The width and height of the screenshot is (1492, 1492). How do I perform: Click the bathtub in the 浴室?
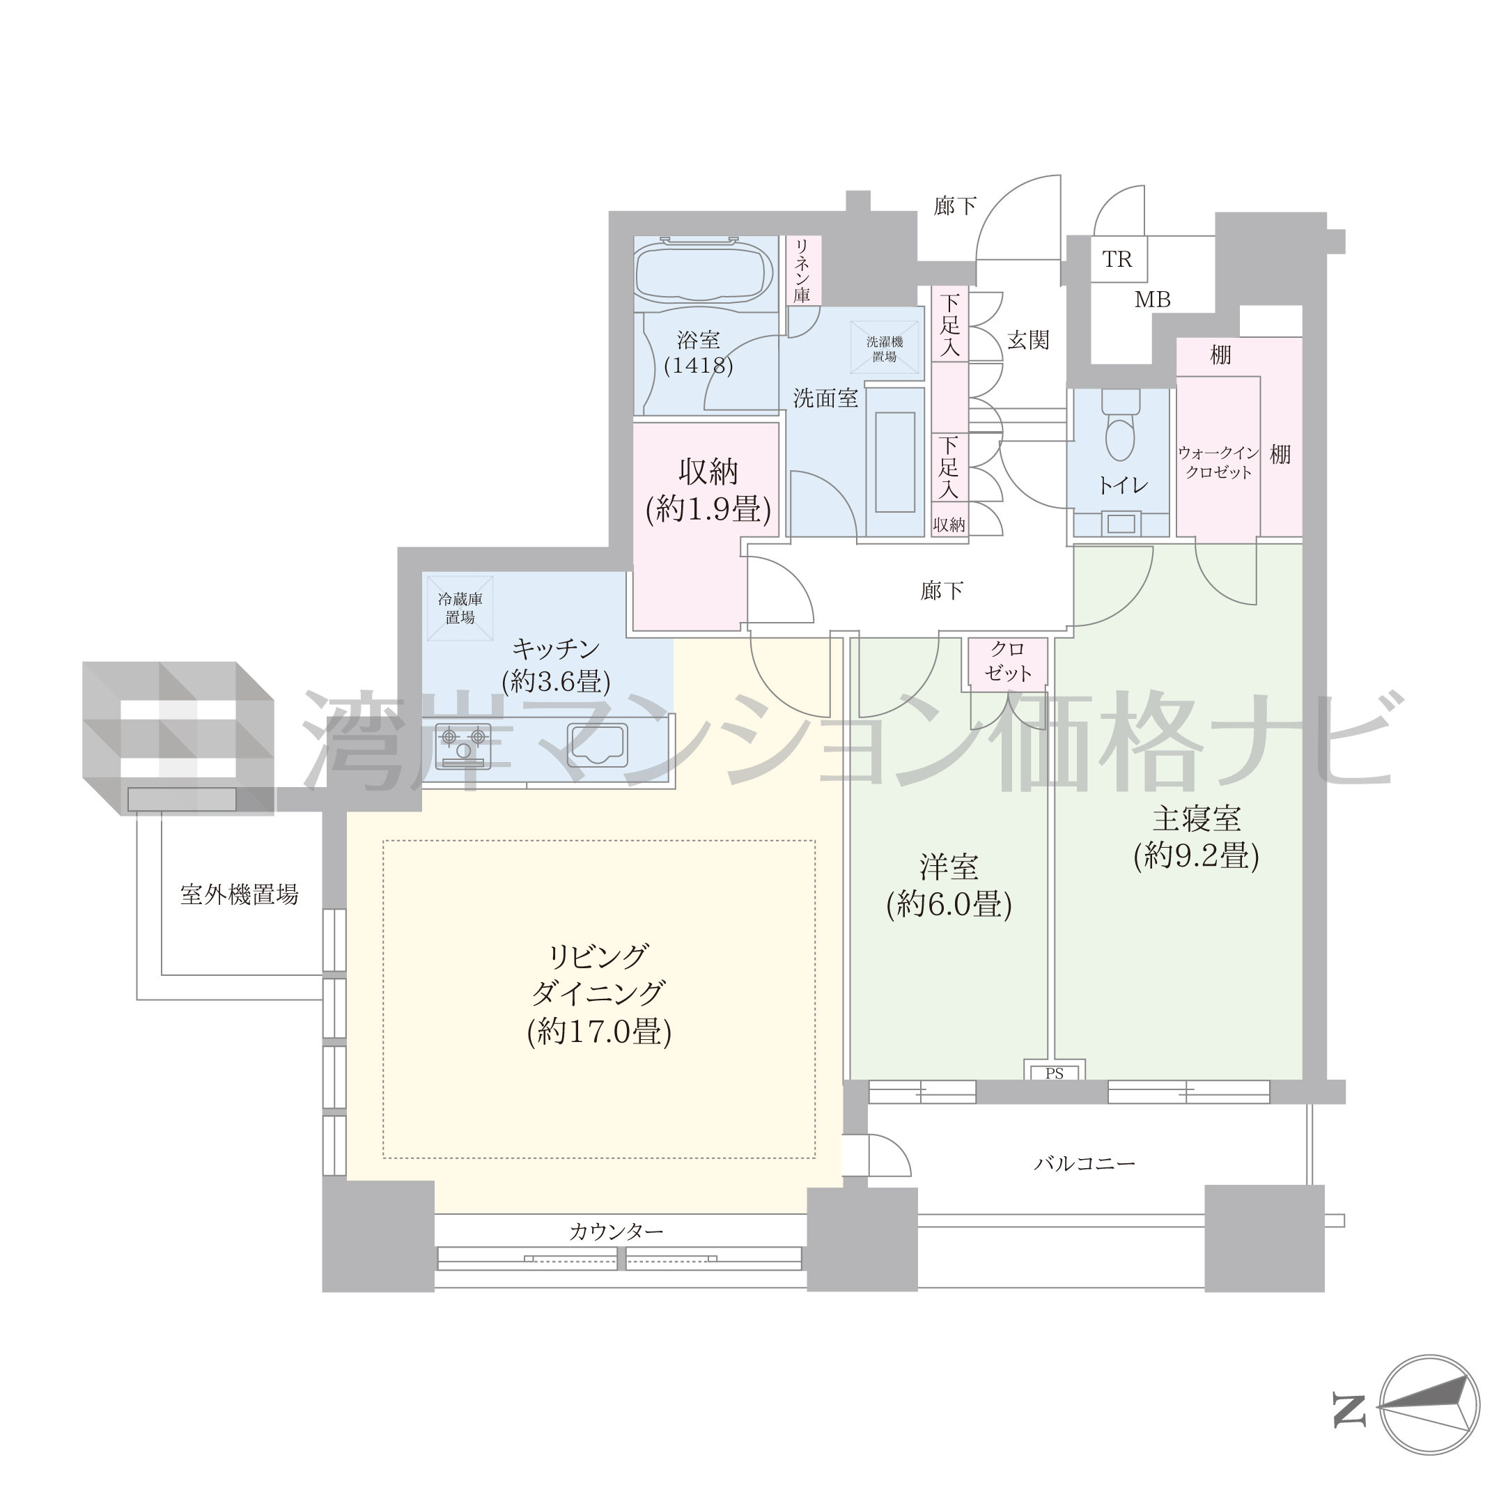704,272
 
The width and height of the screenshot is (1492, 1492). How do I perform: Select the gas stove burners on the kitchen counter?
463,746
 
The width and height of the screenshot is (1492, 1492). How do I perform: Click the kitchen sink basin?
598,745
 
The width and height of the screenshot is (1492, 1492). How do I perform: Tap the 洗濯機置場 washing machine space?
885,349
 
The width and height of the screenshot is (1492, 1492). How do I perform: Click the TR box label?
1117,260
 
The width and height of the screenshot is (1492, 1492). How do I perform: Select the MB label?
1152,300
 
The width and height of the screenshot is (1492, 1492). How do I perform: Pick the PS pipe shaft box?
1055,1070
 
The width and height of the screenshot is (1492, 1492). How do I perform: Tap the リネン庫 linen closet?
803,270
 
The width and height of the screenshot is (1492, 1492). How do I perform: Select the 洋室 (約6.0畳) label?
949,886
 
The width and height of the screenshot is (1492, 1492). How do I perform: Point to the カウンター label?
616,1231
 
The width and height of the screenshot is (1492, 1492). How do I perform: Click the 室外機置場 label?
240,894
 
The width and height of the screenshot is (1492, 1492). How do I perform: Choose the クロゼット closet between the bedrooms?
1009,662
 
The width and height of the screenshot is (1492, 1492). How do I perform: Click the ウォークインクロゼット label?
1219,463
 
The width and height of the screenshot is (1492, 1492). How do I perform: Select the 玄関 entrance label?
1029,340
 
